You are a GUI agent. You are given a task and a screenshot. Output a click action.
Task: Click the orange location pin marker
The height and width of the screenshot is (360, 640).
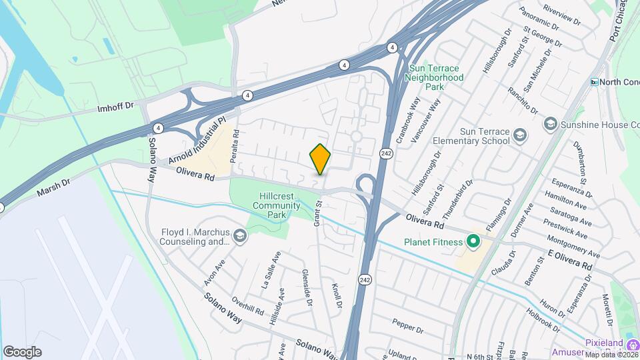(x=321, y=159)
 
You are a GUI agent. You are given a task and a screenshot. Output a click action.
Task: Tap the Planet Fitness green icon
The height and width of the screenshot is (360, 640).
(x=474, y=241)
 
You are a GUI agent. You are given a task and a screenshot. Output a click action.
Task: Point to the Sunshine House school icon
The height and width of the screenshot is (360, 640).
(x=550, y=124)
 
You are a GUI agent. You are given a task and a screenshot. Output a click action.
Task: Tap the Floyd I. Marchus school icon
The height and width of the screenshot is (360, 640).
(x=239, y=234)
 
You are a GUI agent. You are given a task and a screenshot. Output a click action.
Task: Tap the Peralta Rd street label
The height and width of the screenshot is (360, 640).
(x=235, y=141)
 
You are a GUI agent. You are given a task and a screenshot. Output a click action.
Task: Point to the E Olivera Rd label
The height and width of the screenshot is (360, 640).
(x=570, y=260)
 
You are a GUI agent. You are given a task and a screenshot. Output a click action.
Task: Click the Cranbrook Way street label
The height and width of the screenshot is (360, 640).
(x=409, y=119)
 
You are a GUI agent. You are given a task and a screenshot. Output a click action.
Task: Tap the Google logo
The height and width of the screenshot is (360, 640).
(x=22, y=352)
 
